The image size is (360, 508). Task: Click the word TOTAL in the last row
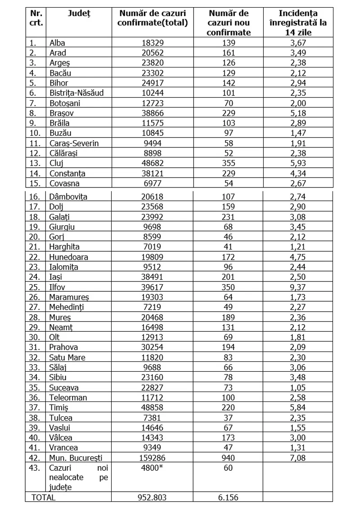(43, 497)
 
